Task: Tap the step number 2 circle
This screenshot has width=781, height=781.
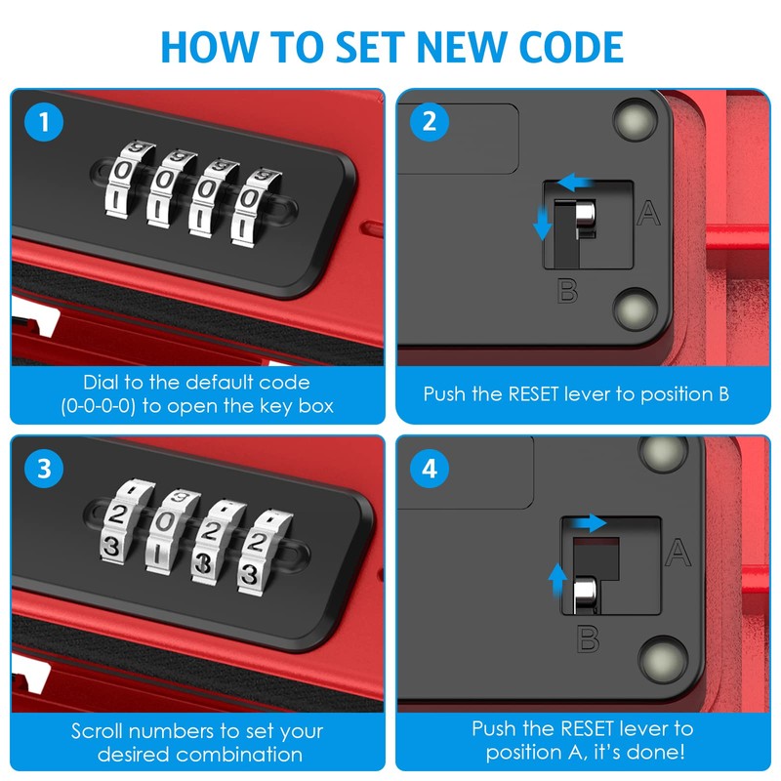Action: click(x=430, y=124)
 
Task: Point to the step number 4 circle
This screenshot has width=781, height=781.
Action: click(x=430, y=470)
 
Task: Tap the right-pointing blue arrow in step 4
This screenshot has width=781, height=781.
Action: click(x=589, y=525)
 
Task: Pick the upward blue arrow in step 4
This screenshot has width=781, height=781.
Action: click(x=557, y=583)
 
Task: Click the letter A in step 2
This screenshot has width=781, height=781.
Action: click(x=648, y=213)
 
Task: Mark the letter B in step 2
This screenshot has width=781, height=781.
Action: click(x=567, y=289)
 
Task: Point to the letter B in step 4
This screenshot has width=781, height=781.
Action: click(x=589, y=640)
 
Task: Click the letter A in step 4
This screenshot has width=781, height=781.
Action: click(x=678, y=554)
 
